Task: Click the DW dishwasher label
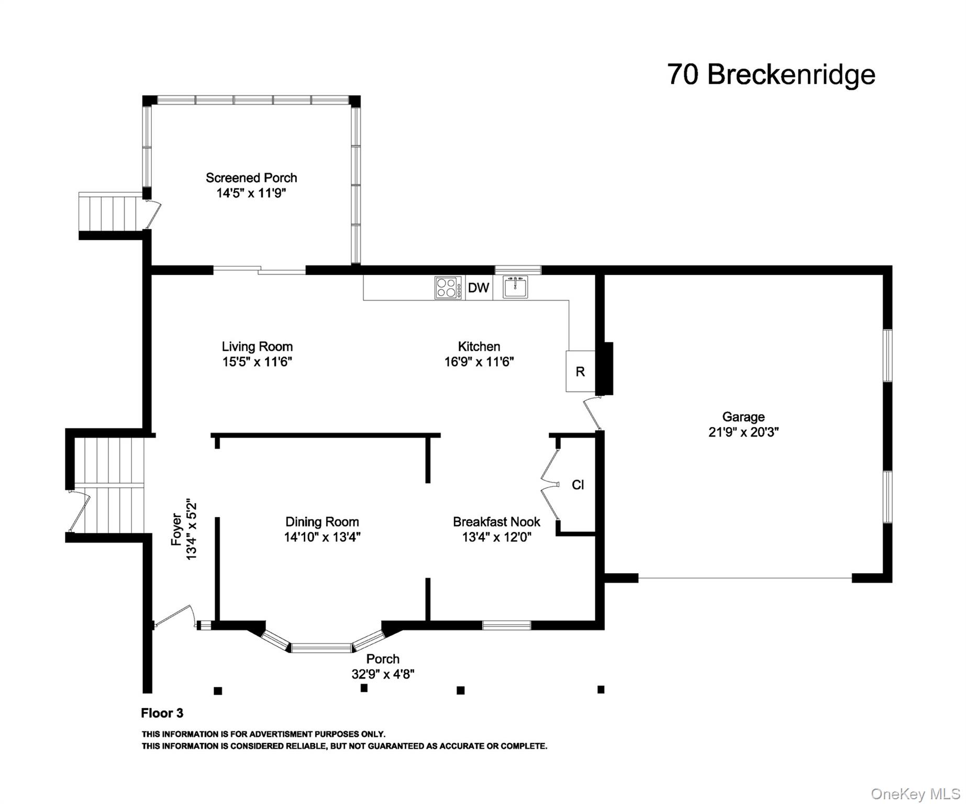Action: pyautogui.click(x=478, y=287)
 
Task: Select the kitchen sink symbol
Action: pyautogui.click(x=515, y=287)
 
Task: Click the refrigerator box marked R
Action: pyautogui.click(x=580, y=371)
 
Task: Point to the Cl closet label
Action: pyautogui.click(x=578, y=485)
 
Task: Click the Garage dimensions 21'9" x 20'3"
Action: pyautogui.click(x=743, y=432)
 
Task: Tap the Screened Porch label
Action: pyautogui.click(x=251, y=178)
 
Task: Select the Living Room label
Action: pyautogui.click(x=257, y=347)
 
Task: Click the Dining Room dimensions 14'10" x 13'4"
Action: pyautogui.click(x=322, y=537)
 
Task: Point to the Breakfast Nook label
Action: pyautogui.click(x=496, y=522)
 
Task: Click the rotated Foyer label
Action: pyautogui.click(x=176, y=529)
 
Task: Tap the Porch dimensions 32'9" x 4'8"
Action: pyautogui.click(x=383, y=674)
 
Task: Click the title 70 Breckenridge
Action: pyautogui.click(x=771, y=74)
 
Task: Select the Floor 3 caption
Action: pyautogui.click(x=162, y=713)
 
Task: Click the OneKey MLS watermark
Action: pyautogui.click(x=915, y=794)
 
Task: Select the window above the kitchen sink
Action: pyautogui.click(x=517, y=270)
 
